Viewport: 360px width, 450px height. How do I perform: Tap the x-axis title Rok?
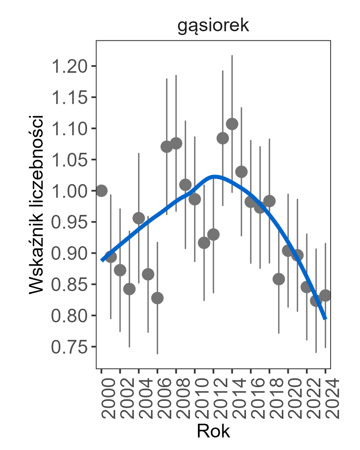pos(213,431)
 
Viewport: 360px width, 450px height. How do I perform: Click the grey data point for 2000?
pos(101,191)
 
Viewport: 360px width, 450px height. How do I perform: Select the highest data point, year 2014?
pos(232,124)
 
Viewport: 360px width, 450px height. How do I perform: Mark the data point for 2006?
pos(157,298)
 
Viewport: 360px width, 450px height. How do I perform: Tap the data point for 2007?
pos(167,147)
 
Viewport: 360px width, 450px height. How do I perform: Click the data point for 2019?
pos(279,279)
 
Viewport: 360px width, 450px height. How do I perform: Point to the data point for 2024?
pos(325,295)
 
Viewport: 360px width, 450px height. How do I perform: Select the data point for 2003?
pos(129,289)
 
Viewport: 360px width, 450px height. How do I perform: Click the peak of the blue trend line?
pos(214,176)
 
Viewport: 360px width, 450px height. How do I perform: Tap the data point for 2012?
pos(214,234)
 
